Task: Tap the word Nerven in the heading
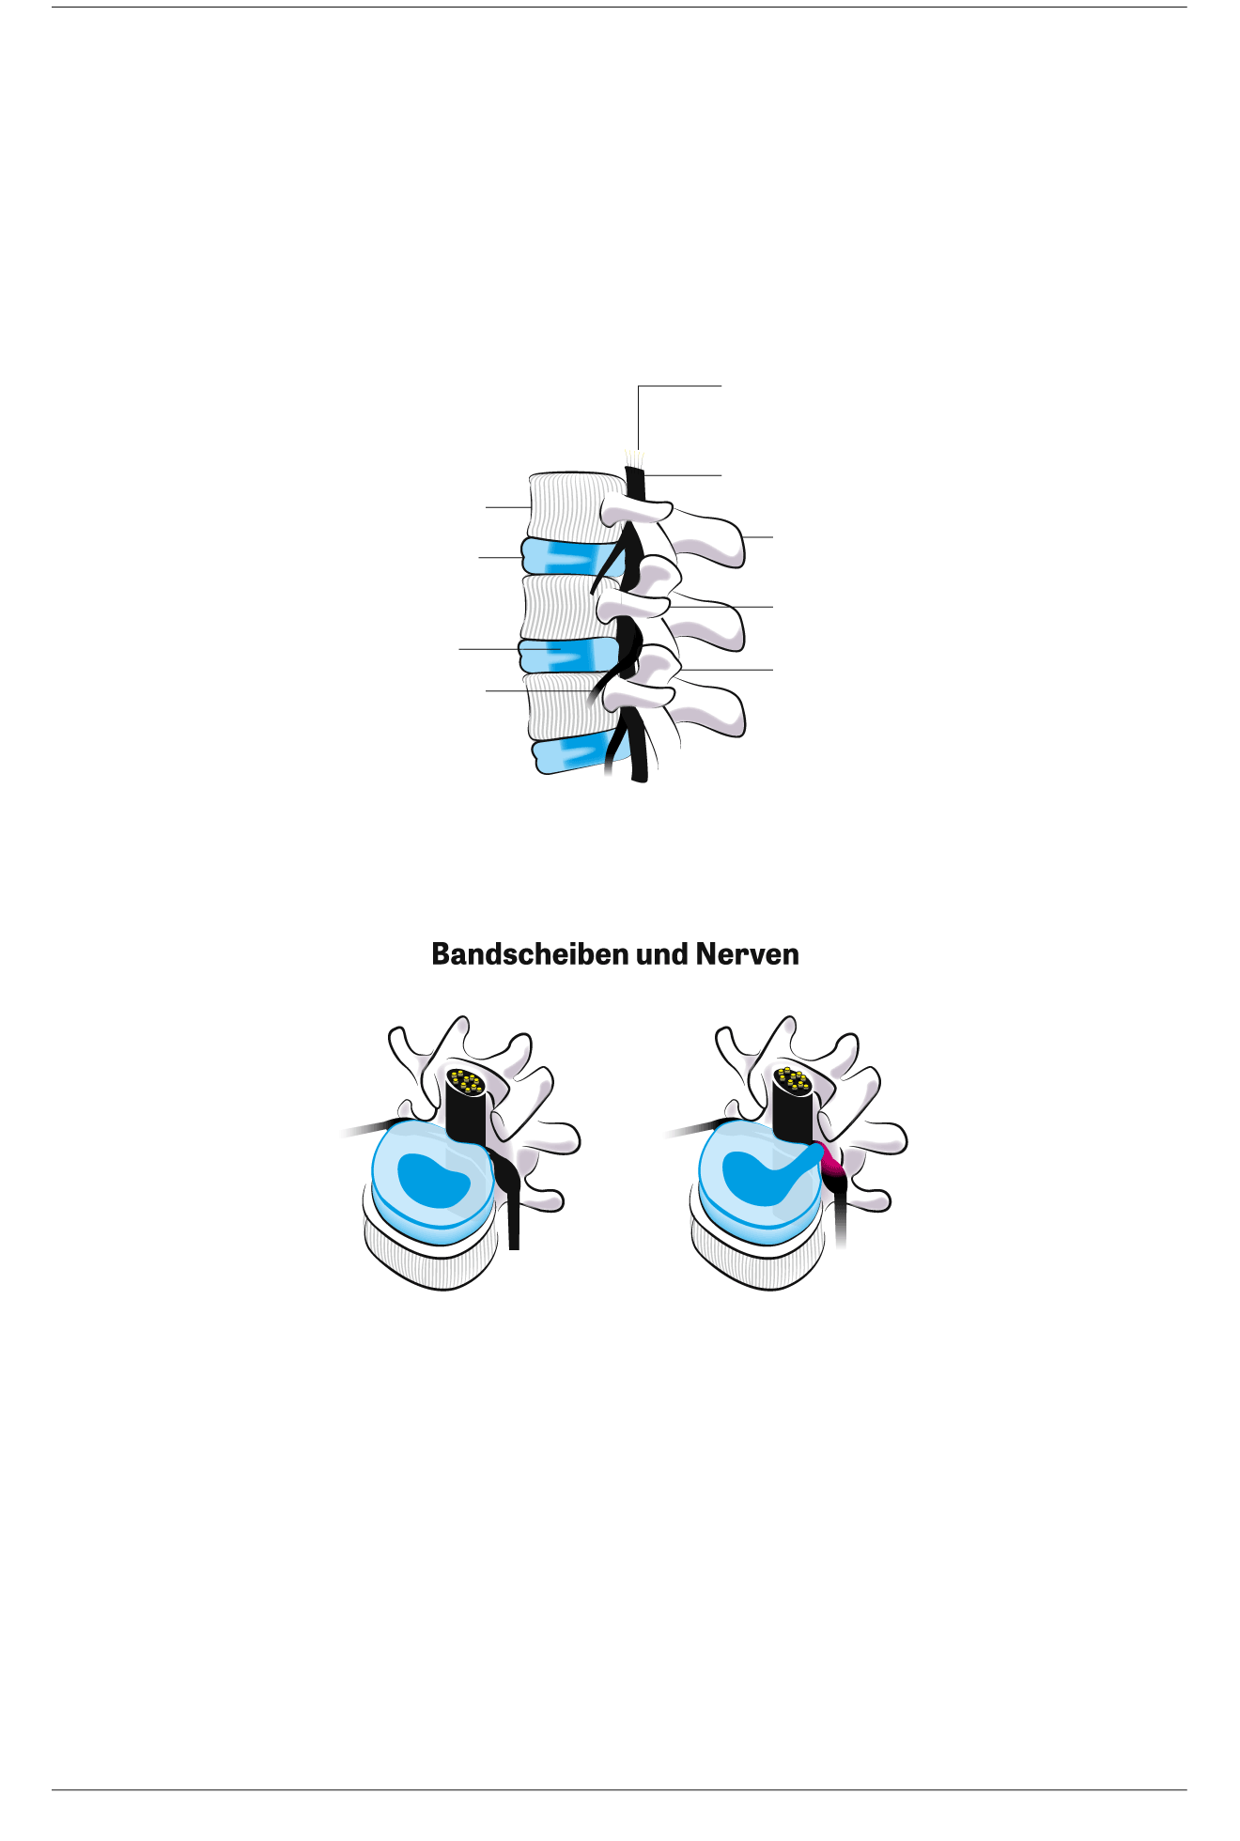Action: click(747, 954)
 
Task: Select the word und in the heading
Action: click(663, 954)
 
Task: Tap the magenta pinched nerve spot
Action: click(830, 1168)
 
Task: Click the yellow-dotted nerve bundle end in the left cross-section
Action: click(467, 1082)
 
